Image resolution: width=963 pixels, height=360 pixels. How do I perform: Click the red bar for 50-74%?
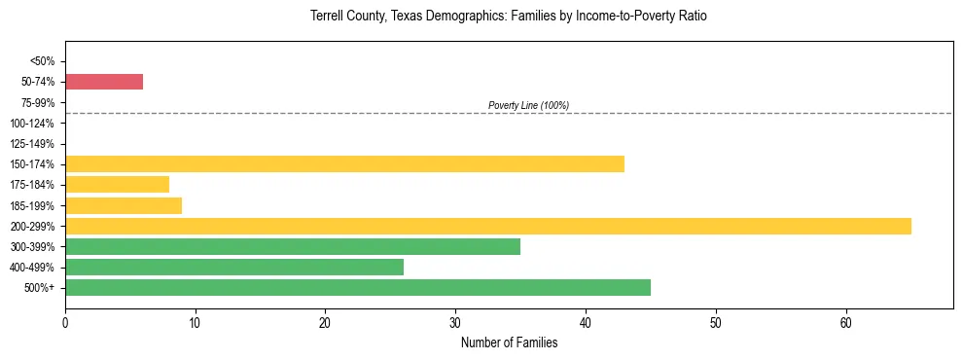tap(104, 82)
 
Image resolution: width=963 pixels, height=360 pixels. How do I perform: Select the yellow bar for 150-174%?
tap(344, 163)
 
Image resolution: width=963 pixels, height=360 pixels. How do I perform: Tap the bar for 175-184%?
tap(117, 184)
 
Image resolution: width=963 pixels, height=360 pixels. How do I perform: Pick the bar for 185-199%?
tap(124, 205)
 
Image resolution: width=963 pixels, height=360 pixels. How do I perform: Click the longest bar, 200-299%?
tap(487, 226)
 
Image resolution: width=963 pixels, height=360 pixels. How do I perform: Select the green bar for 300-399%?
tap(292, 246)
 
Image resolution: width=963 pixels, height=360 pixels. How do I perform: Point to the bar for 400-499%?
tap(233, 267)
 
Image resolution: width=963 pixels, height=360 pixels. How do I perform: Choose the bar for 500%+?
tap(357, 287)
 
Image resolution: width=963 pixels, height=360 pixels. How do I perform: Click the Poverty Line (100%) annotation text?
tap(528, 105)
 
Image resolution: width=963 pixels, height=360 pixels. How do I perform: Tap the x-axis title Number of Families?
tap(509, 342)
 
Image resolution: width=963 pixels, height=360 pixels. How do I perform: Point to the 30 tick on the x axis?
tap(455, 322)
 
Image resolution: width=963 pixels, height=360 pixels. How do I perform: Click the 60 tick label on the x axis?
tap(845, 322)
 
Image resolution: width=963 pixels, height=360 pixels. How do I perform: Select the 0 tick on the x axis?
tap(65, 322)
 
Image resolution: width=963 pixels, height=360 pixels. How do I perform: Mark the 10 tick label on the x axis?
tap(196, 322)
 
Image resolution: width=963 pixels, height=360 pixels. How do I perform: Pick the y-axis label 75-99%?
tap(38, 102)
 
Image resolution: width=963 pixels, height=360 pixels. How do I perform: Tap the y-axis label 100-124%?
tap(35, 124)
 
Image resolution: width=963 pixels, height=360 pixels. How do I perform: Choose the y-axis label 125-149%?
tap(35, 144)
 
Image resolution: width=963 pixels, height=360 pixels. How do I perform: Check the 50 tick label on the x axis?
tap(715, 322)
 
